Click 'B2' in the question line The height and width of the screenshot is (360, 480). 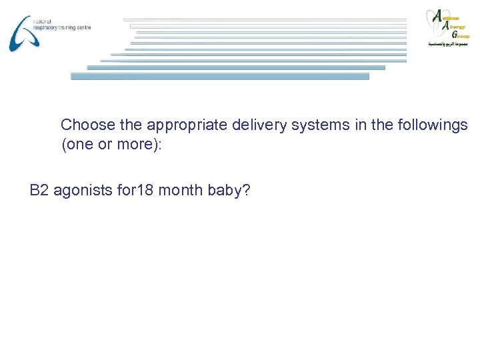(39, 191)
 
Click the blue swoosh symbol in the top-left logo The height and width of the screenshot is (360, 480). (21, 33)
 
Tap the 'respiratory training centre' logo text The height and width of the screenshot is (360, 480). (61, 28)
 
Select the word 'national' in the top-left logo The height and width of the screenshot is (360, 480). (41, 21)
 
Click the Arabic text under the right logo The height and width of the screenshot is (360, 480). (448, 44)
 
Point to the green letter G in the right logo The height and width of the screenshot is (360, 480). (453, 33)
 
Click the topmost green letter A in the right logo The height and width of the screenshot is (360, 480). (438, 15)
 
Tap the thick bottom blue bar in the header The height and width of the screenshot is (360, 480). (220, 76)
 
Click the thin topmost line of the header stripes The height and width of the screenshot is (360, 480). (267, 19)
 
